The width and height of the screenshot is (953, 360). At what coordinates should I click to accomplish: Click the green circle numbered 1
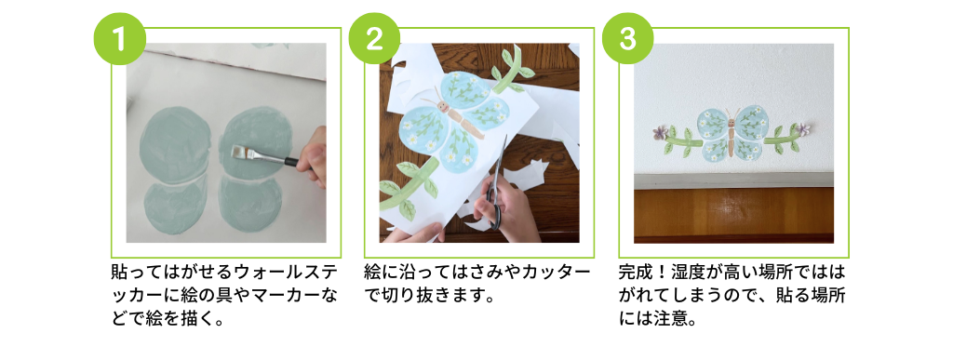(x=119, y=38)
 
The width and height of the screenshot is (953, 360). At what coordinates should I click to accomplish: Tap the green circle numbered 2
(x=374, y=38)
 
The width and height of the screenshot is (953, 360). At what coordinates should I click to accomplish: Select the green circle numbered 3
(x=627, y=38)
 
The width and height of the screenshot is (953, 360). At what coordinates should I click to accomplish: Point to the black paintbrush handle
(x=290, y=162)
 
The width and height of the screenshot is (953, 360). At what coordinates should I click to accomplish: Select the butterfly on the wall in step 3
(x=730, y=134)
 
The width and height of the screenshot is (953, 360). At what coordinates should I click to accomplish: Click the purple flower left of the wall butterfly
(x=661, y=132)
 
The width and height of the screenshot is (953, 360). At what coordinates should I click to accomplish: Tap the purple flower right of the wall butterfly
(x=803, y=128)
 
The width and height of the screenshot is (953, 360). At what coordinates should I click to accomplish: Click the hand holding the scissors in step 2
(x=504, y=210)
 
